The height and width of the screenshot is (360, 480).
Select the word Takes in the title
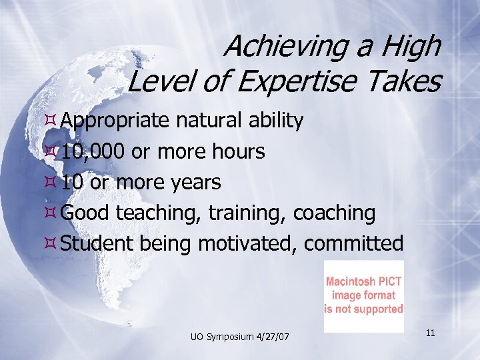click(x=408, y=82)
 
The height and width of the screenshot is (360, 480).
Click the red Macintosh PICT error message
click(x=363, y=295)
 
